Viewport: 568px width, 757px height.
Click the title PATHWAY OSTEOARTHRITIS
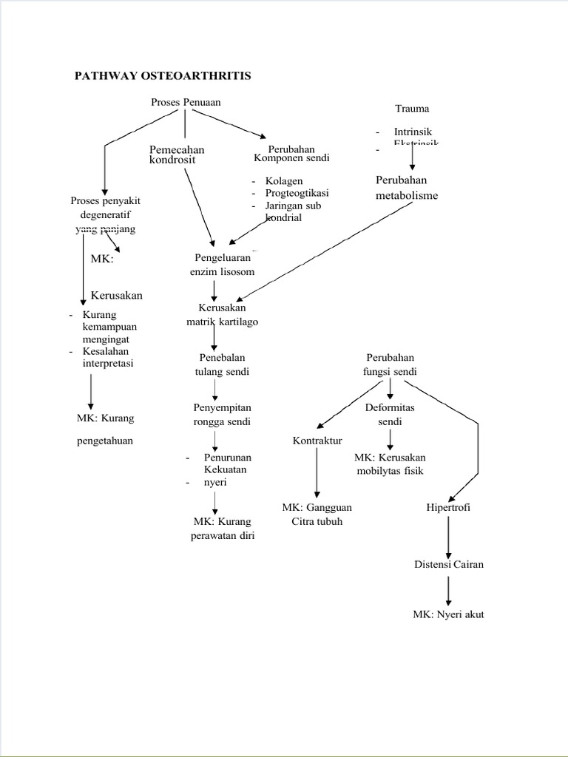click(163, 76)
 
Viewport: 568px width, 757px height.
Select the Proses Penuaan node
click(186, 102)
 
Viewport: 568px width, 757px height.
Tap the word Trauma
click(412, 109)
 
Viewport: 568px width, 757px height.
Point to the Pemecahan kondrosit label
click(177, 155)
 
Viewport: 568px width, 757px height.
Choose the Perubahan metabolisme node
click(406, 188)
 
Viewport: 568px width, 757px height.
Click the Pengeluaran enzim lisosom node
click(222, 265)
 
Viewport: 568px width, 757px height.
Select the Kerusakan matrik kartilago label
click(222, 314)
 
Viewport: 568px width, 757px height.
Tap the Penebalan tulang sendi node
click(222, 364)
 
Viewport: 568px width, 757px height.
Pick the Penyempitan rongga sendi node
click(222, 414)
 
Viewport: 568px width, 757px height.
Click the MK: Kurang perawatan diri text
click(222, 529)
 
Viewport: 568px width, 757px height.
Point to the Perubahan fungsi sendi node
click(390, 364)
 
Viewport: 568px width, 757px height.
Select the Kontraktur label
click(317, 441)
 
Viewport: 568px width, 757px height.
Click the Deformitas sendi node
click(390, 414)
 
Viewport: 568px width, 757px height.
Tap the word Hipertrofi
click(448, 508)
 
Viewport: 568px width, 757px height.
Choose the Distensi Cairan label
click(448, 565)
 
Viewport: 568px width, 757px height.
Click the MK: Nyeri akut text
click(448, 614)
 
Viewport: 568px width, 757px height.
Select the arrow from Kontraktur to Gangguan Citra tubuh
click(317, 473)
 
